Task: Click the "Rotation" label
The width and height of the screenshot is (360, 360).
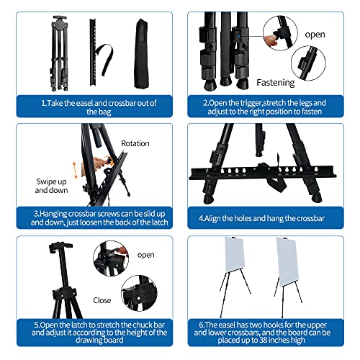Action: click(x=135, y=143)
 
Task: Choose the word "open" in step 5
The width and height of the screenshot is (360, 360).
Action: click(x=146, y=254)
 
